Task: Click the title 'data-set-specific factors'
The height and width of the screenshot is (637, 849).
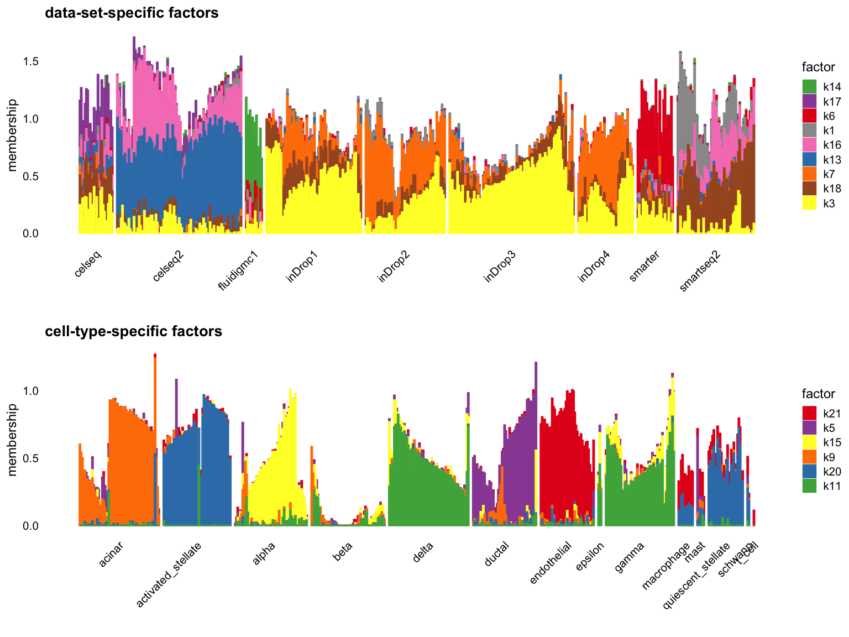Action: (x=132, y=13)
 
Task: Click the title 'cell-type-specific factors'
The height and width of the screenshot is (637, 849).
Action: (x=133, y=331)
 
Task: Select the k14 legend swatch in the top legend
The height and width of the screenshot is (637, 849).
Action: (x=809, y=87)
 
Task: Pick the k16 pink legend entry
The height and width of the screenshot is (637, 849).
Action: (x=809, y=145)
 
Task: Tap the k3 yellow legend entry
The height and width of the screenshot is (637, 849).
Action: (x=809, y=203)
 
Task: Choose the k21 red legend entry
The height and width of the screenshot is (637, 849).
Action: (x=809, y=413)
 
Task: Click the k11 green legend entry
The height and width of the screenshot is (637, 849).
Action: (x=809, y=486)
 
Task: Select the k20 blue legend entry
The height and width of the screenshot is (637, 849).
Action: (x=809, y=472)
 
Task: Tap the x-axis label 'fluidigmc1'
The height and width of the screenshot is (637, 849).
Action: (x=239, y=271)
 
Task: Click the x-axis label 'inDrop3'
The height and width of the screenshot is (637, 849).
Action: (x=500, y=267)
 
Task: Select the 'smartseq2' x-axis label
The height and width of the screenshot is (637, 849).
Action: (x=700, y=271)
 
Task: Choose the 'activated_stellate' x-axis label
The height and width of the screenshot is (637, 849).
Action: (x=169, y=575)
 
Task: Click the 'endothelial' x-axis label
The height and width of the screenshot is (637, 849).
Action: (x=551, y=563)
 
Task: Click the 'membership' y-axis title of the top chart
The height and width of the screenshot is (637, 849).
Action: (x=13, y=135)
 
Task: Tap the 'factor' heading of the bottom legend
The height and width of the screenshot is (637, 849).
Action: (x=818, y=394)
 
